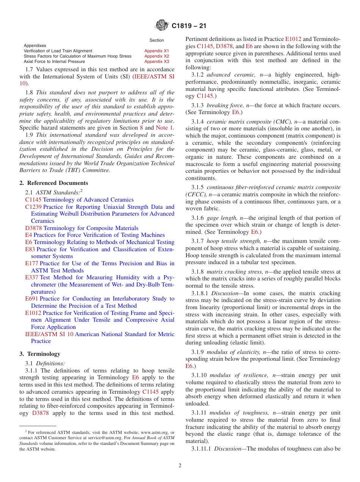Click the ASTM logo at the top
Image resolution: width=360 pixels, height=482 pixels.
[x=162, y=26]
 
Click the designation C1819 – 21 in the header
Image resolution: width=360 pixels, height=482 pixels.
[x=188, y=26]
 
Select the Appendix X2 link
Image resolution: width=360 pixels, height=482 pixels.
[x=157, y=56]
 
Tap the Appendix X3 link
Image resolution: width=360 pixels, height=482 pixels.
[x=157, y=61]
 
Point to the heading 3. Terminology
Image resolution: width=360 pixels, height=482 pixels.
[x=40, y=354]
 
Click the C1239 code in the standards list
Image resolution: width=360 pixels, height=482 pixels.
[x=33, y=207]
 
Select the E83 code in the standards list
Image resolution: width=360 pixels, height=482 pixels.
[x=30, y=249]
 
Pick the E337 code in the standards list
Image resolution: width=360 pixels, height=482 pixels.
[x=32, y=277]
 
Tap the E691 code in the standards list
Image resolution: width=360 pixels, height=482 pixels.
[x=32, y=299]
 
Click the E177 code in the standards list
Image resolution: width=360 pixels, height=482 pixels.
[x=32, y=263]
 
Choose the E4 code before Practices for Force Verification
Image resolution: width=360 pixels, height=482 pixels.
[x=28, y=235]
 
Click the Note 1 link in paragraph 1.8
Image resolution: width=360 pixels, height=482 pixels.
[x=164, y=128]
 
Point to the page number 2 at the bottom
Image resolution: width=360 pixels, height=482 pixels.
[x=180, y=466]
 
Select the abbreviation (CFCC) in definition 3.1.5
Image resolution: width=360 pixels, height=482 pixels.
[x=196, y=194]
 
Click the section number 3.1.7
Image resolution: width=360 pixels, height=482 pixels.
[x=197, y=241]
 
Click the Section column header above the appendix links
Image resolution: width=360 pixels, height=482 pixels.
[x=157, y=40]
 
